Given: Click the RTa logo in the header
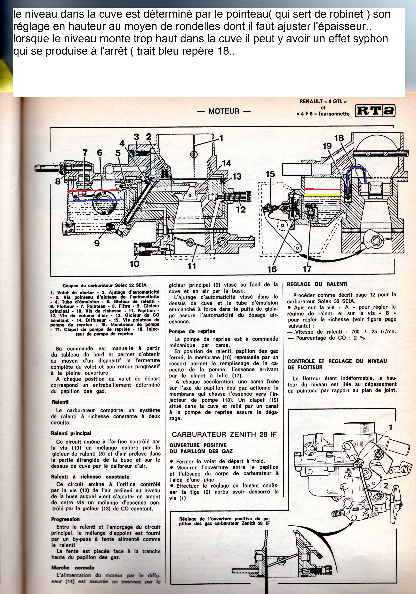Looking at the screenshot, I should (x=375, y=111).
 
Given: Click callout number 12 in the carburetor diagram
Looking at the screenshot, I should (x=241, y=209).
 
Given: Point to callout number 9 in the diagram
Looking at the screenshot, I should (x=97, y=243).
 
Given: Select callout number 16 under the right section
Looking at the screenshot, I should (x=272, y=269).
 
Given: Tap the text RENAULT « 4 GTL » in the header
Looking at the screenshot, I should (x=323, y=101).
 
